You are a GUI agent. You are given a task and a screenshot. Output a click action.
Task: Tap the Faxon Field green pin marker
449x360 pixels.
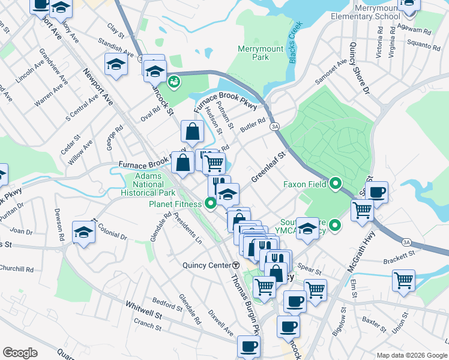(x=336, y=184)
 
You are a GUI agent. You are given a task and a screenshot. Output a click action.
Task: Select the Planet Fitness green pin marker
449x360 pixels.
(x=211, y=204)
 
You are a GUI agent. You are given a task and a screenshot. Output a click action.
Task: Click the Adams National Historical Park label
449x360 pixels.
(x=147, y=185)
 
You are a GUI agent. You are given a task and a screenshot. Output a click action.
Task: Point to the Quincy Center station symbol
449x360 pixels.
(x=237, y=265)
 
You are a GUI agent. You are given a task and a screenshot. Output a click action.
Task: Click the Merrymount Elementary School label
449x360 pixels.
(x=369, y=13)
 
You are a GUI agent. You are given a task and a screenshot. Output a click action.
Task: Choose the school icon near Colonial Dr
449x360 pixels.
(x=83, y=232)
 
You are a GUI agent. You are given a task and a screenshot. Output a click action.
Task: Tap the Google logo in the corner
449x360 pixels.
(x=20, y=353)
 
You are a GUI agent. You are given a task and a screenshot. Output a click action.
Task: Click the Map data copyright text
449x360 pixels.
(x=411, y=355)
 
